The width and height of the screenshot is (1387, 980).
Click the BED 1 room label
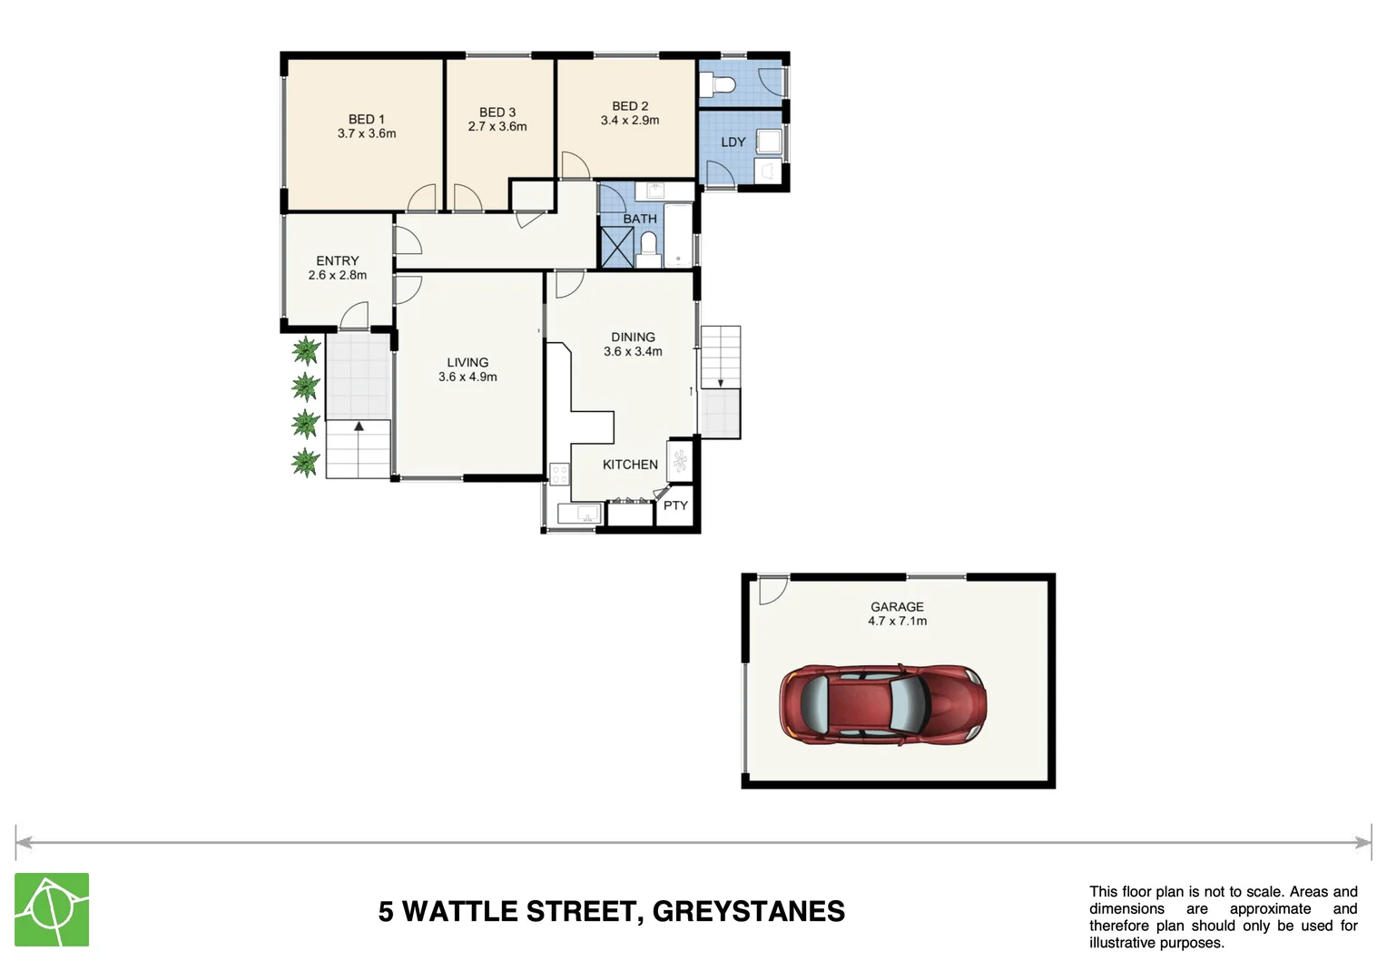click(366, 119)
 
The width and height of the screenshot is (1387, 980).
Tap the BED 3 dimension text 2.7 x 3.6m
click(497, 127)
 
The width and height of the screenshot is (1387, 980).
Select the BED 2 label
click(630, 106)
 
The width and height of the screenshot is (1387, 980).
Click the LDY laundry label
click(733, 142)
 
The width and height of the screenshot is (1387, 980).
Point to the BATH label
click(639, 219)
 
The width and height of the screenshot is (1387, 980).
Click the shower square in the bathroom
click(617, 246)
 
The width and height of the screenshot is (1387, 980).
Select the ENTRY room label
click(337, 260)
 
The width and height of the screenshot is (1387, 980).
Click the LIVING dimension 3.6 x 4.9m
click(467, 377)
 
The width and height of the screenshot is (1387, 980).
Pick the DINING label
click(633, 337)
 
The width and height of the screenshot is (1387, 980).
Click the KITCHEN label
click(630, 465)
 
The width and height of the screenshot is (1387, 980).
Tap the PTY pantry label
click(675, 505)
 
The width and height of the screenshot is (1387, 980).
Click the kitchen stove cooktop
click(559, 474)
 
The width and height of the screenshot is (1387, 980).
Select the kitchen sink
click(578, 514)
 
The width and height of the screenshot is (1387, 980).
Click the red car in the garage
click(882, 703)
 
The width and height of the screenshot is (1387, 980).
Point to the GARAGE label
click(897, 607)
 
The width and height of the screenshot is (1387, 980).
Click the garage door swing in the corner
click(772, 590)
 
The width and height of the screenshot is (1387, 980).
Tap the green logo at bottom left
click(52, 909)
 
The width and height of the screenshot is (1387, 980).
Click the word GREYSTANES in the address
click(748, 911)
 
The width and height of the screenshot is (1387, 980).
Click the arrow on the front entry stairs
click(359, 426)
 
